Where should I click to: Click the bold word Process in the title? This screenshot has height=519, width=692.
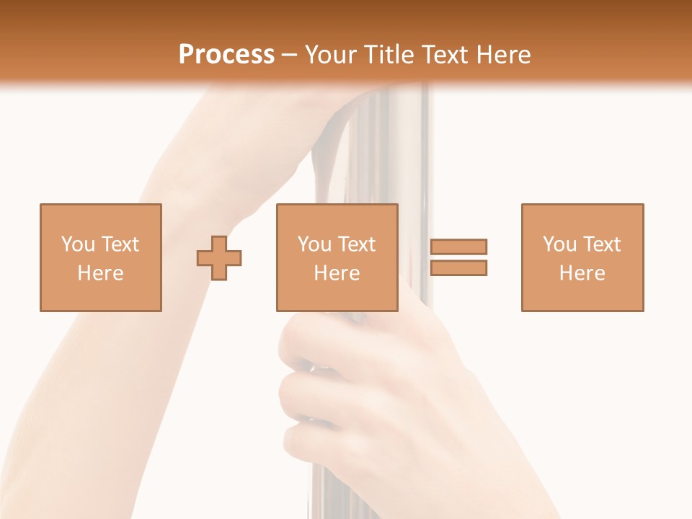pyautogui.click(x=226, y=55)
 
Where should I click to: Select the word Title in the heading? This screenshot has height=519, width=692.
pyautogui.click(x=389, y=55)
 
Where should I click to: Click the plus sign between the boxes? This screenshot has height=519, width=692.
pyautogui.click(x=219, y=258)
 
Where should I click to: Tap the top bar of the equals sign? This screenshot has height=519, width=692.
pyautogui.click(x=458, y=247)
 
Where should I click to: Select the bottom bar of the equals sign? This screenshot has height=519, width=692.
pyautogui.click(x=458, y=267)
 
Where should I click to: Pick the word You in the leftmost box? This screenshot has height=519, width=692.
pyautogui.click(x=77, y=244)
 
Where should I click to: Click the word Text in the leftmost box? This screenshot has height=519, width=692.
pyautogui.click(x=119, y=244)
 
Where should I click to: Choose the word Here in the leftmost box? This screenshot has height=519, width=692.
pyautogui.click(x=100, y=273)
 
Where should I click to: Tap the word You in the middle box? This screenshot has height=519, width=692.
pyautogui.click(x=314, y=244)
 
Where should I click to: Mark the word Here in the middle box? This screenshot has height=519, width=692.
pyautogui.click(x=337, y=273)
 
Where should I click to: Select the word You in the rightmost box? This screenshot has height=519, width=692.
pyautogui.click(x=559, y=244)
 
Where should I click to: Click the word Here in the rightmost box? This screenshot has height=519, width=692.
pyautogui.click(x=582, y=273)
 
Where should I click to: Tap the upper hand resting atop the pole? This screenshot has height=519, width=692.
pyautogui.click(x=303, y=115)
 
